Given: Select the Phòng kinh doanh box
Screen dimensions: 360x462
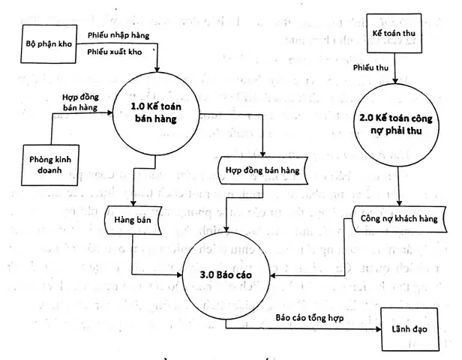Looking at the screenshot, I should click(52, 164).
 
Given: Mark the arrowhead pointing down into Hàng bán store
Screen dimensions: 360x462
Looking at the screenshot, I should click(133, 201).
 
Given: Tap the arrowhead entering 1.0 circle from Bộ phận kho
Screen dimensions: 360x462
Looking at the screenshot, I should click(157, 70).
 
